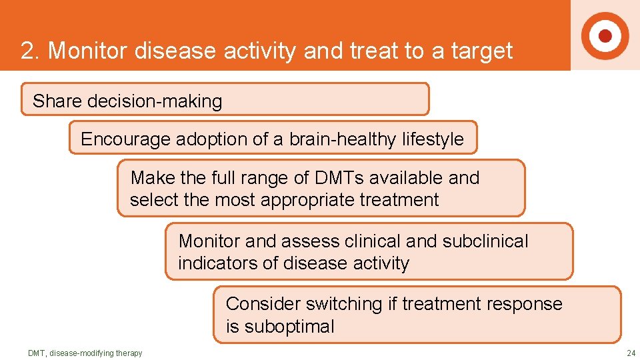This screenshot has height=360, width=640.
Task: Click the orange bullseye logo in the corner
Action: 605,35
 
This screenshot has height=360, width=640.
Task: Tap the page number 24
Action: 631,353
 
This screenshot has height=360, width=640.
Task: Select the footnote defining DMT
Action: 85,353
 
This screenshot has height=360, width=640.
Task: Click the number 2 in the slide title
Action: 27,51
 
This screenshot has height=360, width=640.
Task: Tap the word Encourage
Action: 125,139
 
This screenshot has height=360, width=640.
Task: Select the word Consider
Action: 263,304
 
